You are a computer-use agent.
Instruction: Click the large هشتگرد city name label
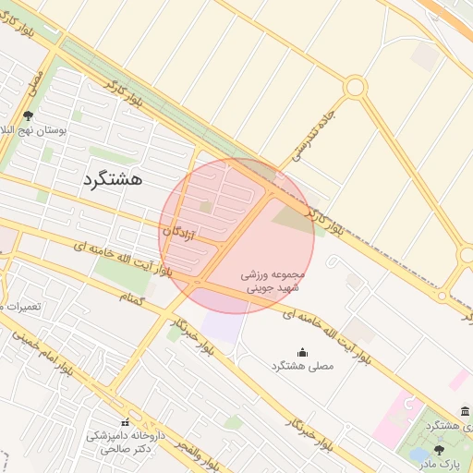coord(113,178)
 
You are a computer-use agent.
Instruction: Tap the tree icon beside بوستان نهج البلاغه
coord(29,117)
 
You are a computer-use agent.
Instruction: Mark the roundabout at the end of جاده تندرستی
coord(355,88)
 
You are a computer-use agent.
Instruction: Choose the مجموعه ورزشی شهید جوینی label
coord(272,282)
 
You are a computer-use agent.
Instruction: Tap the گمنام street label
coord(132,297)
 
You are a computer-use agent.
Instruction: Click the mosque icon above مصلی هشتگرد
coord(302,352)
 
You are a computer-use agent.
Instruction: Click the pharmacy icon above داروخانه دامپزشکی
coord(125,422)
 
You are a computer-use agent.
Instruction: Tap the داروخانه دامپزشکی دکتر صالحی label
coord(125,441)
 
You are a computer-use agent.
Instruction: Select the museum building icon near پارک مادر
coord(464,411)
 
